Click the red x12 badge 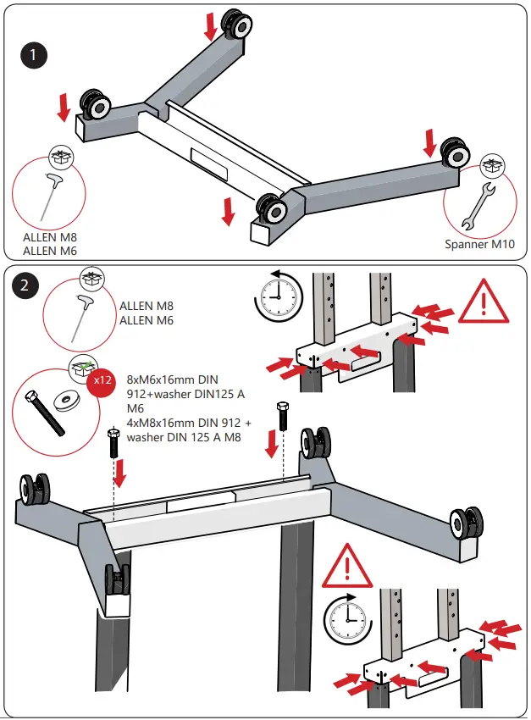click(x=102, y=380)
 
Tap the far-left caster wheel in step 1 click(x=95, y=105)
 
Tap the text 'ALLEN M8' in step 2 click(x=147, y=305)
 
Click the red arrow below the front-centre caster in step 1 click(x=227, y=212)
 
